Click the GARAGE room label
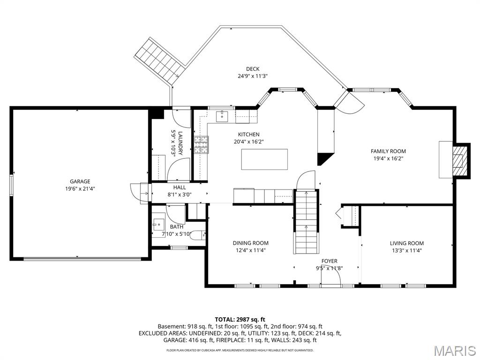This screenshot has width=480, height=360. pyautogui.click(x=80, y=181)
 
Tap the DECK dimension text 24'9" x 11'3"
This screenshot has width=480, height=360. pyautogui.click(x=253, y=76)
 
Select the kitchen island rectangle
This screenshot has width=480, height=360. pyautogui.click(x=264, y=159)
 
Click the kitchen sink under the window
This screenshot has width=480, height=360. pyautogui.click(x=222, y=117)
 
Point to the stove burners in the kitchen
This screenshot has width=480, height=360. pyautogui.click(x=201, y=144)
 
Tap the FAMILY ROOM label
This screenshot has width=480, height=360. pyautogui.click(x=388, y=151)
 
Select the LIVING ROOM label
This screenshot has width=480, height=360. pyautogui.click(x=407, y=243)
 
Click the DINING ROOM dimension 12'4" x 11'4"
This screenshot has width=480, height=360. pyautogui.click(x=251, y=250)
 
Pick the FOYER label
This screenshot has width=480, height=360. pyautogui.click(x=330, y=261)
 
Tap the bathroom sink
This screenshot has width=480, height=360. pyautogui.click(x=159, y=225)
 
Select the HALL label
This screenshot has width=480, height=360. pyautogui.click(x=180, y=187)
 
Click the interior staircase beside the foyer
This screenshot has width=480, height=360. pyautogui.click(x=306, y=222)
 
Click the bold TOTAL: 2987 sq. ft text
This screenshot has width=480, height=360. pyautogui.click(x=240, y=320)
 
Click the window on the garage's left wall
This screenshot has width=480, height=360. pyautogui.click(x=11, y=185)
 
